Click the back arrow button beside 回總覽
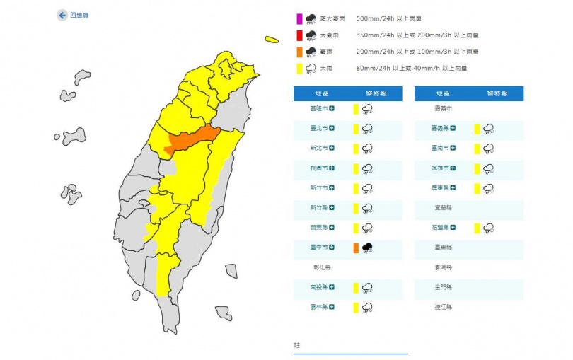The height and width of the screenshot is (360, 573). point(62,15)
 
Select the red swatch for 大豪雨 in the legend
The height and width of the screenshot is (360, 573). point(300,35)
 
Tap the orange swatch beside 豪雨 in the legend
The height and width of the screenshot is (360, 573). point(300,52)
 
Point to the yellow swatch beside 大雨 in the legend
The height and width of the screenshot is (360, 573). point(300,68)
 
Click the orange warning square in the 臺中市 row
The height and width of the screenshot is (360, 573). point(356,248)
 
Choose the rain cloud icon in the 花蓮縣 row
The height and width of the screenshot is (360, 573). point(488,228)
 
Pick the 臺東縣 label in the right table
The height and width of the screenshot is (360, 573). point(444,248)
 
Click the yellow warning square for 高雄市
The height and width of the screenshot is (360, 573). point(477,168)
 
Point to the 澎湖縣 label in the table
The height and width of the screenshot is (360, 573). point(444,267)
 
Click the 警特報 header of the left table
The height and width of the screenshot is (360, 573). point(375,93)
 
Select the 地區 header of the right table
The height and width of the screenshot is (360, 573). point(443,93)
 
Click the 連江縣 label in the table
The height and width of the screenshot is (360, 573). point(444,307)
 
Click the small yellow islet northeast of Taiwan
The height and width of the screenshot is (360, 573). point(272,40)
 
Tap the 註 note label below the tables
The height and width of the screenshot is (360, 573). point(297,344)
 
